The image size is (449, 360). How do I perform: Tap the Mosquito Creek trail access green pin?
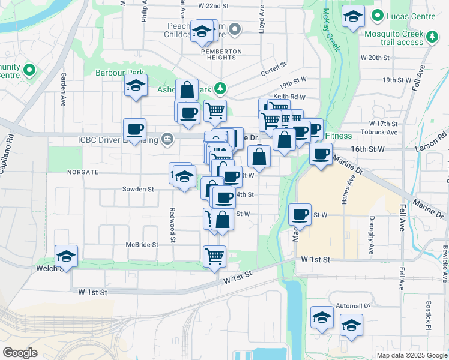pos(432,38)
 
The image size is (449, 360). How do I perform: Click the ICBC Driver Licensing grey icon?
pos(167,140)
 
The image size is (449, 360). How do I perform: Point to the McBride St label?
pos(142,245)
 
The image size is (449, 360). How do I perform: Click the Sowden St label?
pos(139,189)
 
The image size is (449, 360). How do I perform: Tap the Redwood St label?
pos(172,225)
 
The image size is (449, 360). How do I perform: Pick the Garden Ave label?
pos(63,90)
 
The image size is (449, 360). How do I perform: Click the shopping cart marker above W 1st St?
pos(214,256)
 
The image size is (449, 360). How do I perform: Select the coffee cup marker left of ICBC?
pos(134,128)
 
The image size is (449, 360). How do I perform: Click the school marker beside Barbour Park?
pos(136,86)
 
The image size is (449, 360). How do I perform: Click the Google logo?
pos(20,353)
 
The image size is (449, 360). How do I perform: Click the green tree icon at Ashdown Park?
pos(221,89)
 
